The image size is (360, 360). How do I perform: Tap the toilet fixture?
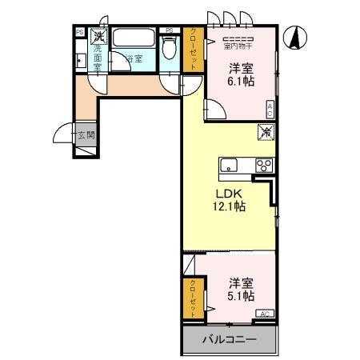(168, 46)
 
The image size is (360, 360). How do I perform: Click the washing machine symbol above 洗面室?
(98, 36)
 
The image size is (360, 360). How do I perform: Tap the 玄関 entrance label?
(86, 135)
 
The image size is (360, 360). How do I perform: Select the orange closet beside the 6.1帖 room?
(194, 50)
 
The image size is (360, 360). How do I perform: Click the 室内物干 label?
(238, 46)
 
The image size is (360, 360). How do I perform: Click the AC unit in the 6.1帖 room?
(270, 110)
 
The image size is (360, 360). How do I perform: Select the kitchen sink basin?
(229, 166)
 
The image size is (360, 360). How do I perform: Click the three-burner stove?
(263, 166)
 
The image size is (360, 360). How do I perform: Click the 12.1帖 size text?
(229, 206)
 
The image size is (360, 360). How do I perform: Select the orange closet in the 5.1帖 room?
(192, 298)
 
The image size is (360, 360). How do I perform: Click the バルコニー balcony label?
(229, 339)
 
